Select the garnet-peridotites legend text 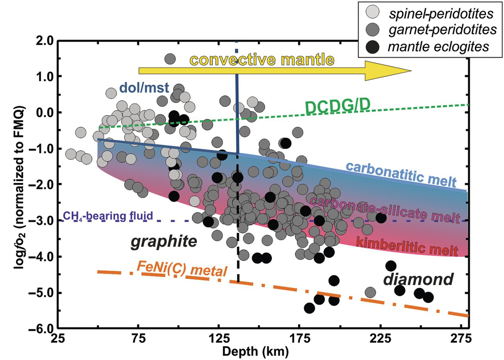442,30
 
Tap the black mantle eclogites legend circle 372,47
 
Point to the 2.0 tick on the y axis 45,41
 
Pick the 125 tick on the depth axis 218,338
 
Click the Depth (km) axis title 255,351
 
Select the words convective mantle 262,60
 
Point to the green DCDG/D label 338,106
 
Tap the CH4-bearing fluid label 108,216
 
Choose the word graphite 164,241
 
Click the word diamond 418,279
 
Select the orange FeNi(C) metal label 182,269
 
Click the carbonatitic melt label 401,174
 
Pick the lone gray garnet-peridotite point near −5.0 370,292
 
